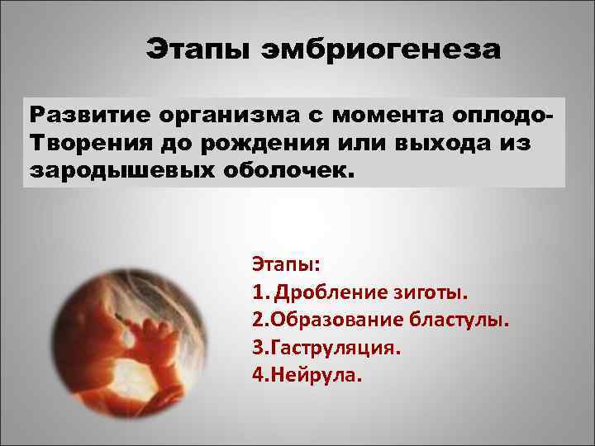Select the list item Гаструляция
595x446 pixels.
tap(335, 348)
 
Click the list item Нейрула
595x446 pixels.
tap(315, 374)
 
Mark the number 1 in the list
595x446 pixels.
tap(257, 293)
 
